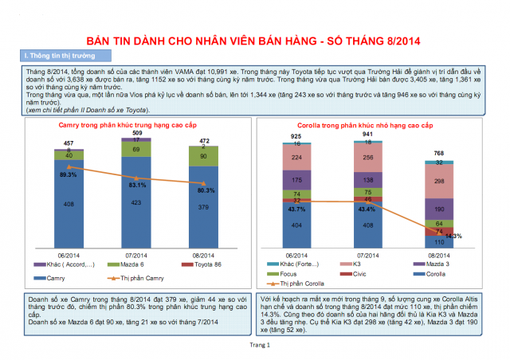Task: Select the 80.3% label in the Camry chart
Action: pyautogui.click(x=205, y=190)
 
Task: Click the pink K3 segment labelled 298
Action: pyautogui.click(x=440, y=182)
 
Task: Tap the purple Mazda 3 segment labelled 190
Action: pyautogui.click(x=440, y=211)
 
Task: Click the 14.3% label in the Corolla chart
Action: pyautogui.click(x=453, y=236)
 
